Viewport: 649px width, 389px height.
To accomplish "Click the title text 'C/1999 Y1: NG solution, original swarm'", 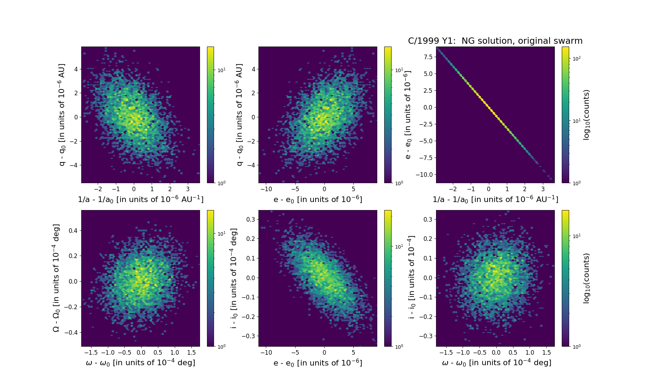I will [495, 41].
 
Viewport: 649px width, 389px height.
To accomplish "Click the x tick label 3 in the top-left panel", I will [188, 189].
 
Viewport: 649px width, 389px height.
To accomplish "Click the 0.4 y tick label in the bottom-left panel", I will [73, 231].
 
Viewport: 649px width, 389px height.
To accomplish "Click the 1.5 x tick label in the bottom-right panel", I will [546, 353].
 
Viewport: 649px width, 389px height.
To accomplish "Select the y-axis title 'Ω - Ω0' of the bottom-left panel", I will [56, 278].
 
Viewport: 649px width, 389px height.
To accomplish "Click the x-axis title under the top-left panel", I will [140, 199].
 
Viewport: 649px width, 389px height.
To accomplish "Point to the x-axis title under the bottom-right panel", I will [496, 363].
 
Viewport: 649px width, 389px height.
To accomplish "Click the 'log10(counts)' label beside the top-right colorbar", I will [586, 115].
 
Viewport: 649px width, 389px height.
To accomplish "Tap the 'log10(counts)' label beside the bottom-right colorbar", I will [586, 278].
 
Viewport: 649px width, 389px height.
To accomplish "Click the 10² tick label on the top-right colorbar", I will [576, 58].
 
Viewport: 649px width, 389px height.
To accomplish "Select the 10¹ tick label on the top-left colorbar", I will [221, 70].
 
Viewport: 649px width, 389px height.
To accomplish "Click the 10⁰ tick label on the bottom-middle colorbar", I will [399, 346].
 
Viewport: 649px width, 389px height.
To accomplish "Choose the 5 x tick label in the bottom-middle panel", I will [353, 353].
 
